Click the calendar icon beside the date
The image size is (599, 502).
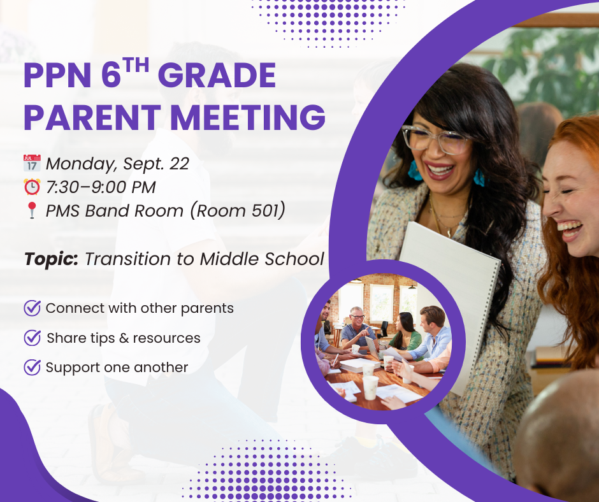point(32,163)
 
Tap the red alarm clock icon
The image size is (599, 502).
point(32,187)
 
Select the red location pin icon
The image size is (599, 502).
point(32,210)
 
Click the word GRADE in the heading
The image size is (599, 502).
point(217,75)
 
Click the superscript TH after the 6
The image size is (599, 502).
point(136,66)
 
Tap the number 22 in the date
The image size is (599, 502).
point(179,164)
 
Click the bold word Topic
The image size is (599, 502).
point(51,259)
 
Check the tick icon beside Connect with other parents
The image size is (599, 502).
point(32,308)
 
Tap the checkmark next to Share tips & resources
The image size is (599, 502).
point(32,338)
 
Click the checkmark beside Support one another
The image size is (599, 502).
point(32,367)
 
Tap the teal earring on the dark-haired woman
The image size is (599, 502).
point(414,170)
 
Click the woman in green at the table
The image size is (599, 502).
point(406,332)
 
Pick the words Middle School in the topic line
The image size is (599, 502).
point(262,259)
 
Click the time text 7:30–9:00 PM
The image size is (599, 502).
point(101,187)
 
